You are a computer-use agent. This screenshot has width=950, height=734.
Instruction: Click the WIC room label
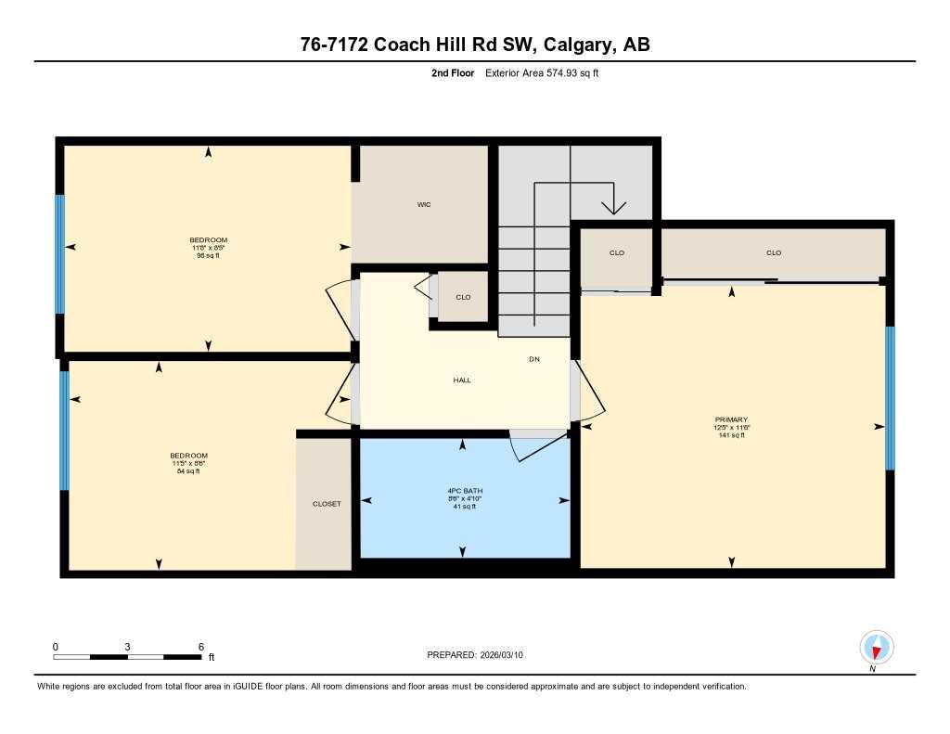click(x=424, y=204)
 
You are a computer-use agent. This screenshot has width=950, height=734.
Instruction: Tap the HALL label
click(x=462, y=380)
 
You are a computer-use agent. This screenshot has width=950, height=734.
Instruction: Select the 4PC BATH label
click(x=464, y=491)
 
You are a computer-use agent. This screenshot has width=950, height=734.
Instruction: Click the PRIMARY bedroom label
click(x=731, y=419)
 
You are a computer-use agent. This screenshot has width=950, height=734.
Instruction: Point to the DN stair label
click(x=534, y=359)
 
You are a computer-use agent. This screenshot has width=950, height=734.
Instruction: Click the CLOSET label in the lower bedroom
click(x=326, y=504)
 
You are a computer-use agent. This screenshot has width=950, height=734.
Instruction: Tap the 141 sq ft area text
click(x=731, y=435)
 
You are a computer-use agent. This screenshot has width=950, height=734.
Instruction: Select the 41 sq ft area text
click(x=464, y=507)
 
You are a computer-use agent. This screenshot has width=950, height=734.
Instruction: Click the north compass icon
click(x=876, y=647)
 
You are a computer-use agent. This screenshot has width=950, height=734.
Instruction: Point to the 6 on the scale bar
click(x=200, y=646)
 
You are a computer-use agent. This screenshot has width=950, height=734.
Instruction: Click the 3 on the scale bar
click(x=127, y=646)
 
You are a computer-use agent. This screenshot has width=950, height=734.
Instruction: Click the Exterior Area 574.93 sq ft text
click(x=542, y=72)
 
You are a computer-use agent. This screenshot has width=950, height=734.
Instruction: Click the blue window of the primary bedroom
click(x=890, y=398)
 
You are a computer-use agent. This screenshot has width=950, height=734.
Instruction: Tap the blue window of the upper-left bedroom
click(x=59, y=253)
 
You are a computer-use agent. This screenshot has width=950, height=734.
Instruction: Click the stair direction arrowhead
click(x=612, y=206)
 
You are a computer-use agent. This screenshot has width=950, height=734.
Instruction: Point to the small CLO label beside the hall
click(x=463, y=297)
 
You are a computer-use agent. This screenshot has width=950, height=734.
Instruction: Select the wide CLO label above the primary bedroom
click(x=774, y=252)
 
